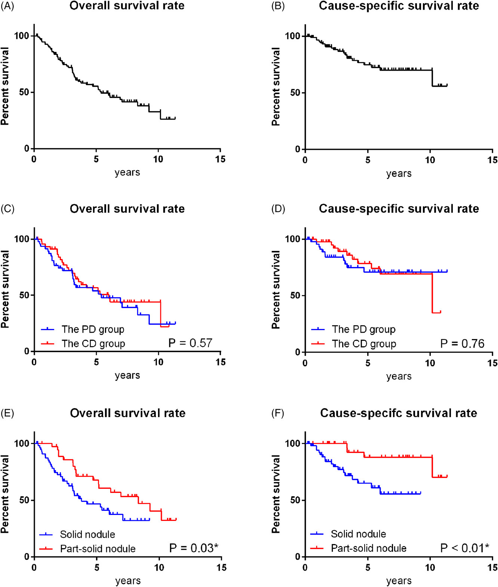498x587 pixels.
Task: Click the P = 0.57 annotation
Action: coord(190,343)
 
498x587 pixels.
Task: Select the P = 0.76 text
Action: coord(462,344)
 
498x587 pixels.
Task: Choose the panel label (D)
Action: coord(278,209)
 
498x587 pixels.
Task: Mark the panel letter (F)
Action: coord(278,413)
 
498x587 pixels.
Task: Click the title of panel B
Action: coord(399,6)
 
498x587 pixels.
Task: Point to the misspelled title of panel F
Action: coord(399,413)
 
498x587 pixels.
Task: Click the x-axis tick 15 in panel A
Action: coord(220,159)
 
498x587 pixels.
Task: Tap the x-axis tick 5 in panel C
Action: coord(96,362)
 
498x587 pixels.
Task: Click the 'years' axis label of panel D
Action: coord(399,376)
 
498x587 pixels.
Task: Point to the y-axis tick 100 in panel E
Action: coord(21,443)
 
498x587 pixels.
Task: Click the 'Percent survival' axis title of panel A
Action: coord(5,86)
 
